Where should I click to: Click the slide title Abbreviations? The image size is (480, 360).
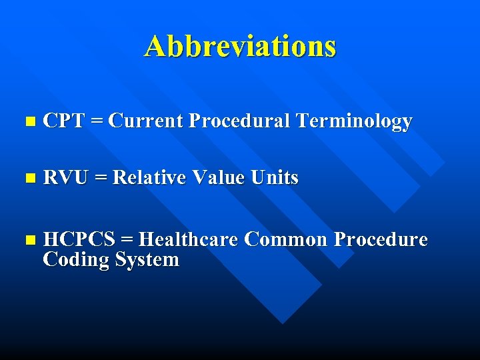pos(240,47)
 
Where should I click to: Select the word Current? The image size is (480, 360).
pos(145,121)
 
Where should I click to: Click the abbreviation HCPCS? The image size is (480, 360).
pos(79,239)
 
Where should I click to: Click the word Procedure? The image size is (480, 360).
pos(381,239)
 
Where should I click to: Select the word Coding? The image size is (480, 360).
pos(75,260)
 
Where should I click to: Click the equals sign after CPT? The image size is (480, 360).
pos(97,122)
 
